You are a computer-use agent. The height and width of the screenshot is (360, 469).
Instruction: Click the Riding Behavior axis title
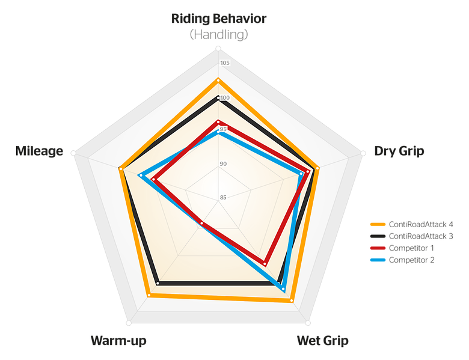[x=218, y=18]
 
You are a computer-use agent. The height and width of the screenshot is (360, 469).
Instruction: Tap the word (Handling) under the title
[x=218, y=35]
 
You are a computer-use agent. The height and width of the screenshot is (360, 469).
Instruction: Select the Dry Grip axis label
[x=399, y=151]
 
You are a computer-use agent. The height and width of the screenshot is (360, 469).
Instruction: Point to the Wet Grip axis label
[x=322, y=341]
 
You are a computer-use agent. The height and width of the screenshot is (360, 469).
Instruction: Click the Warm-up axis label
[x=118, y=341]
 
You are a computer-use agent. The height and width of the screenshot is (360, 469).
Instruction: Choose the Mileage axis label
[x=39, y=151]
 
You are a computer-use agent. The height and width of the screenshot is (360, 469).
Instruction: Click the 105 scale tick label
[x=224, y=64]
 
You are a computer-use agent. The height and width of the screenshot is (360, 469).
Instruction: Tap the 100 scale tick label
[x=224, y=99]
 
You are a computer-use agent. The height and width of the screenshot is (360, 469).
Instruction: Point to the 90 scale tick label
[x=223, y=164]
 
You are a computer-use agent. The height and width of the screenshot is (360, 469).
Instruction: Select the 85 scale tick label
[x=223, y=198]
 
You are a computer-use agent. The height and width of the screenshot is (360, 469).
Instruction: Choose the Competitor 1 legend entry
[x=403, y=248]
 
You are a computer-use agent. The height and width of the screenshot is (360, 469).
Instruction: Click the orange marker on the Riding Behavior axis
[x=218, y=80]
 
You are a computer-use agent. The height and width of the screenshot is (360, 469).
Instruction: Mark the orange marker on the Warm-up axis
[x=149, y=295]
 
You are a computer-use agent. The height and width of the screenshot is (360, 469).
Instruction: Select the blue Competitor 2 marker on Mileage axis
[x=141, y=176]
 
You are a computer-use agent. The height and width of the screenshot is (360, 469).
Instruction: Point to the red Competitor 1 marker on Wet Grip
[x=265, y=262]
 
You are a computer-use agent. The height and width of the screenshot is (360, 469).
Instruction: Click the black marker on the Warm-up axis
[x=158, y=282]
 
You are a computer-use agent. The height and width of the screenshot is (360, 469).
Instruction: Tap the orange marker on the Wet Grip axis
[x=292, y=300]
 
